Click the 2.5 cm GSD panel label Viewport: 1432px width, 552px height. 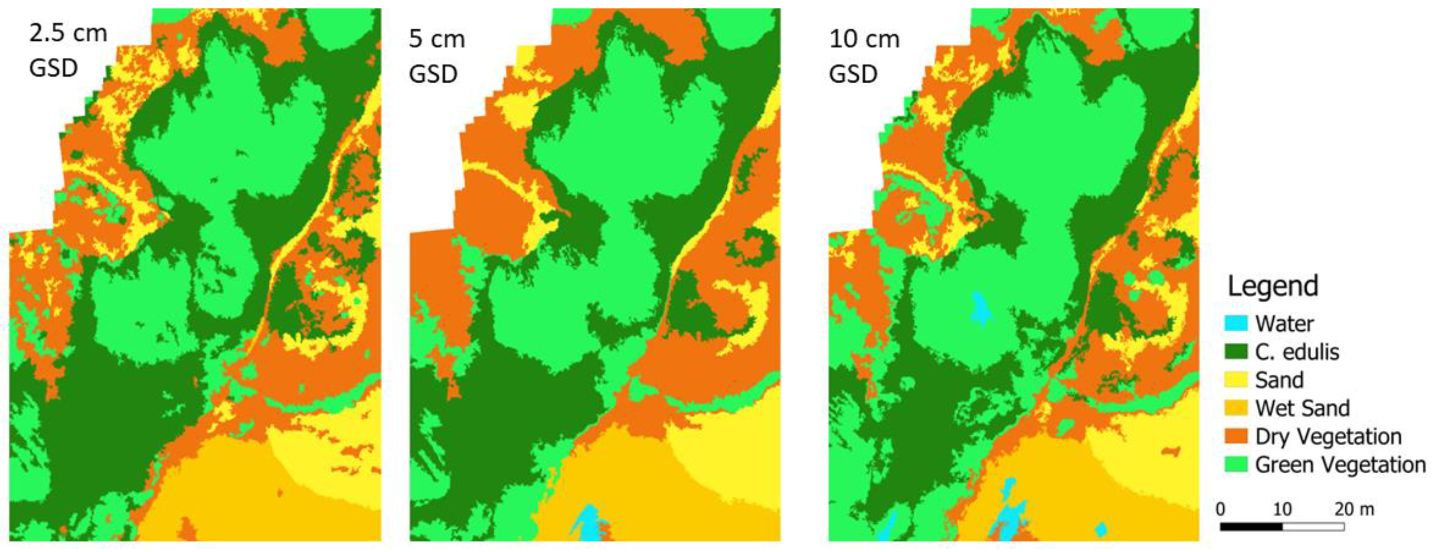pyautogui.click(x=68, y=51)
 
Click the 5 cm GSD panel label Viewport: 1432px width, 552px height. pyautogui.click(x=437, y=56)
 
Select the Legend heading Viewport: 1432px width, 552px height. pyautogui.click(x=1272, y=286)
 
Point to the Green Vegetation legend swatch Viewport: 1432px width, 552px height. pyautogui.click(x=1236, y=465)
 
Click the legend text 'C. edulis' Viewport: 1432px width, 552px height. pyautogui.click(x=1297, y=352)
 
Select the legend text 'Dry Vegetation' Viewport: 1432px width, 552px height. pyautogui.click(x=1328, y=437)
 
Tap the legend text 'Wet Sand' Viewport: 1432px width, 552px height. pyautogui.click(x=1302, y=409)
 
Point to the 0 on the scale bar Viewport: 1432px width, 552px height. pyautogui.click(x=1221, y=509)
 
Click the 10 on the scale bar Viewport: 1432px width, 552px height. pyautogui.click(x=1282, y=509)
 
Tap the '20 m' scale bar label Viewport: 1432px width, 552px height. pyautogui.click(x=1354, y=509)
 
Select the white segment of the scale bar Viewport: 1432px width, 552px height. pyautogui.click(x=1313, y=526)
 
